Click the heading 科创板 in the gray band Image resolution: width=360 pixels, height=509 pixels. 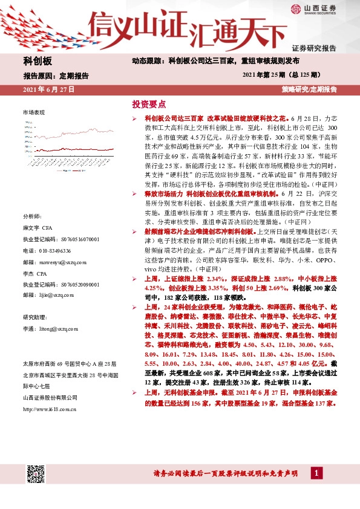click(x=38, y=62)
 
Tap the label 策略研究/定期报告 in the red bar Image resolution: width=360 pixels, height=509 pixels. click(x=309, y=89)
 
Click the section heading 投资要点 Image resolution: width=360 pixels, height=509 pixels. click(x=149, y=103)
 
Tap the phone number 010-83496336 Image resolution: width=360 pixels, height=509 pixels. click(x=47, y=250)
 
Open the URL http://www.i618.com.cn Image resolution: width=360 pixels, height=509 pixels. click(x=50, y=409)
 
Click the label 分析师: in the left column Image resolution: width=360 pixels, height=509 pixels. click(x=31, y=216)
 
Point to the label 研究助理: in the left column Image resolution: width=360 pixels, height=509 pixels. click(x=34, y=317)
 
